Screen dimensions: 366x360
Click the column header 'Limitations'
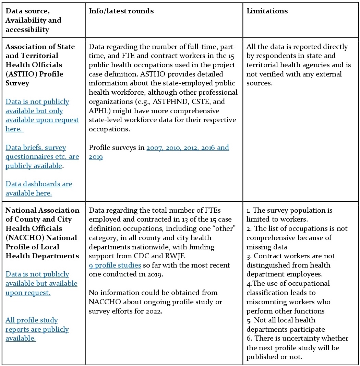[x=267, y=11]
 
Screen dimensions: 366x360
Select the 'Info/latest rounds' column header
[x=121, y=11]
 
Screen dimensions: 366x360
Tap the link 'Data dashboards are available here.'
[x=39, y=188]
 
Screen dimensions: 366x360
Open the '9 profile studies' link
[x=115, y=265]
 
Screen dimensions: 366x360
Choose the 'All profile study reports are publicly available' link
[x=37, y=329]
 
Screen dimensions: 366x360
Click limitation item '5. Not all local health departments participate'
[x=285, y=324]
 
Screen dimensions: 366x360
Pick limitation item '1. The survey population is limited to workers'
[x=289, y=215]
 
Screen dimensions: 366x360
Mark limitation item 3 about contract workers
[x=291, y=265]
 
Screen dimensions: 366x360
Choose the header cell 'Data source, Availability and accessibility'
[x=33, y=20]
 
